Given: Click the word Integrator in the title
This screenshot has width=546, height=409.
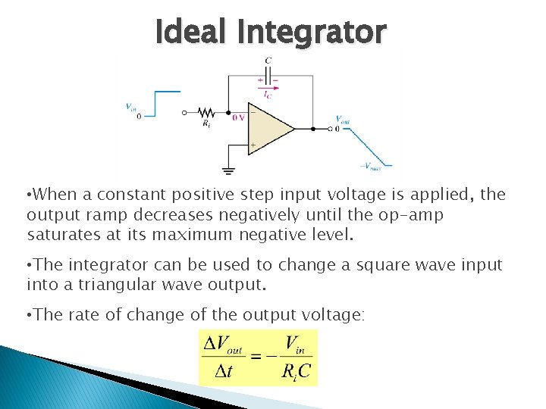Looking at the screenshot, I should click(311, 32).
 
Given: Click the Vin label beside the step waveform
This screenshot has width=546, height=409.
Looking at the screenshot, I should click(131, 107).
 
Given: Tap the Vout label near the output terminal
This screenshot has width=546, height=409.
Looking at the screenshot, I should click(343, 119).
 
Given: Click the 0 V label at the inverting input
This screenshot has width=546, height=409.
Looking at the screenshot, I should click(238, 117).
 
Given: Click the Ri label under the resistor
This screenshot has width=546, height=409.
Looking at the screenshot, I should click(207, 124).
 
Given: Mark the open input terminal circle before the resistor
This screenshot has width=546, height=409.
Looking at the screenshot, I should click(185, 113).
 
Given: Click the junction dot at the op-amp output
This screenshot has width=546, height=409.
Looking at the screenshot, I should click(313, 129).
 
